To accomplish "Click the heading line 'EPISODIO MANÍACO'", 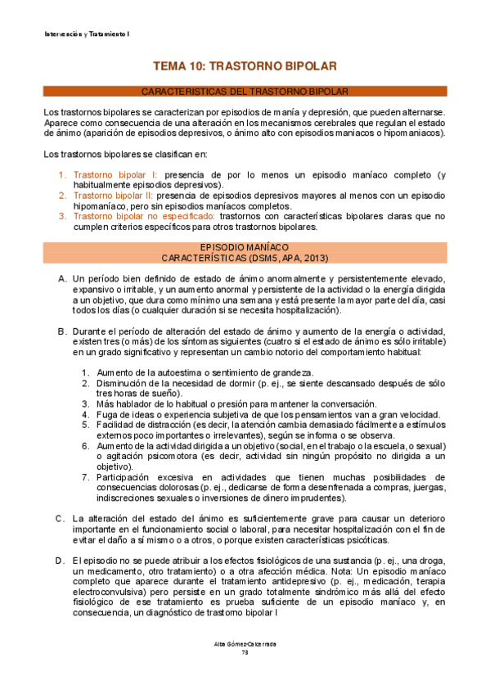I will tap(245, 246).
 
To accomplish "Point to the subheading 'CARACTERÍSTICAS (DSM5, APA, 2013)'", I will tap(245, 258).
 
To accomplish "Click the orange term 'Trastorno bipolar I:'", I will tap(117, 175).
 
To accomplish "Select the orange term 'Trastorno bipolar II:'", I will tap(119, 196).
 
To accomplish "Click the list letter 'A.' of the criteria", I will tap(62, 278).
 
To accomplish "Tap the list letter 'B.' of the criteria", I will tap(62, 331).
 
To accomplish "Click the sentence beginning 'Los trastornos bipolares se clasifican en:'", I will tap(125, 154).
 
